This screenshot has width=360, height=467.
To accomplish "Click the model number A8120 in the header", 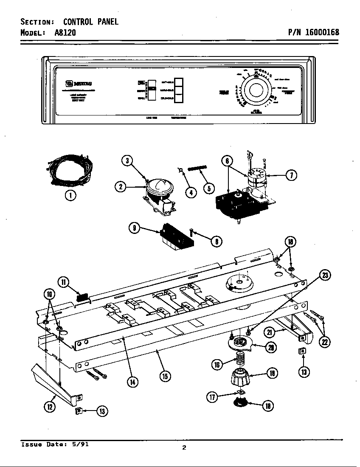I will pos(65,32).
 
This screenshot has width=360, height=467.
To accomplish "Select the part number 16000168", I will pos(321,32).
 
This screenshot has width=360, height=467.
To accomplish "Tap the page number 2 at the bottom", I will pos(184,447).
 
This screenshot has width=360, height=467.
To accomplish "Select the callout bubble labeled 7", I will pos(291,175).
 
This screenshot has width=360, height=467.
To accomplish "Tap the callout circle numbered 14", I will pos(133,382).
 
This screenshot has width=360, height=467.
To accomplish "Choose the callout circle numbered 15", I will pos(166,376).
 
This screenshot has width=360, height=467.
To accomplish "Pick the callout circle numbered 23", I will pos(325,275).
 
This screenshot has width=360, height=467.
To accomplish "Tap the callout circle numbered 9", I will pos(135,228).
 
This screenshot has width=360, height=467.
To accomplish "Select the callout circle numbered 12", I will pos(50,406).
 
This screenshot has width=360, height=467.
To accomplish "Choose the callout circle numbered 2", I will pos(121,186).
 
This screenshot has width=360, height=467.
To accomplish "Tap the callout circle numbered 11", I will pos(64,282).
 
